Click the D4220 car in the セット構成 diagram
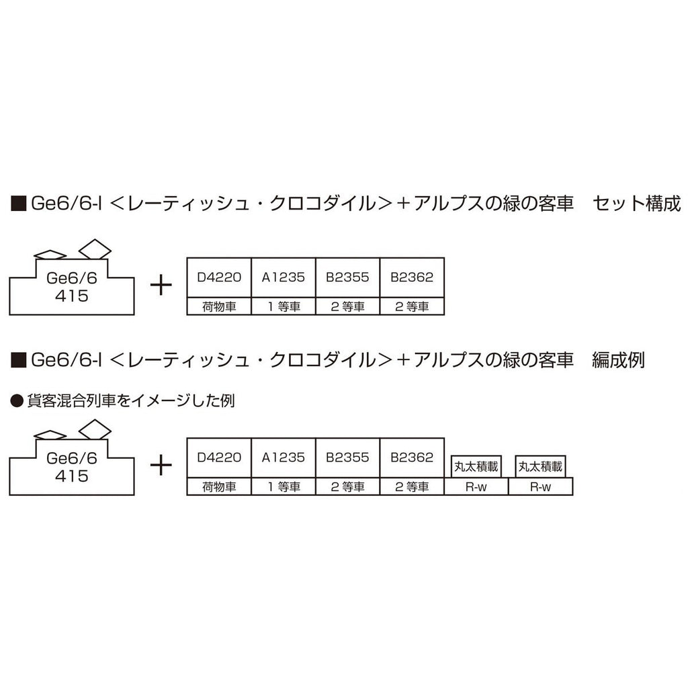tap(219, 277)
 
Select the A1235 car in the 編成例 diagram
tap(284, 458)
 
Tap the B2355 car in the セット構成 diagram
tap(348, 277)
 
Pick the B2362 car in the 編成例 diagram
tap(412, 458)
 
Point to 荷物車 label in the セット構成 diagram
tap(219, 307)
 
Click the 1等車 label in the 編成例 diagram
tap(284, 487)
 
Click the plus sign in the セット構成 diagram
tap(161, 285)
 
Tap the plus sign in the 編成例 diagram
tap(161, 465)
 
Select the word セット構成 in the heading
tap(637, 204)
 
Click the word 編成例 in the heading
tap(617, 360)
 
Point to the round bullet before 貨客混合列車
tap(17, 401)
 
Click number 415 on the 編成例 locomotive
tap(73, 476)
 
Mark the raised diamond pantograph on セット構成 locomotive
tap(95, 249)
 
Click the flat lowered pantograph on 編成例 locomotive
tap(50, 435)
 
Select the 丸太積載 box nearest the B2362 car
tap(475, 465)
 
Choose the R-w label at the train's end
tap(540, 487)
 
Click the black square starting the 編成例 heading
tap(19, 360)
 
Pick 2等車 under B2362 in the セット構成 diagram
tap(412, 307)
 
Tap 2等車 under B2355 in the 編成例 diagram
tap(348, 487)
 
